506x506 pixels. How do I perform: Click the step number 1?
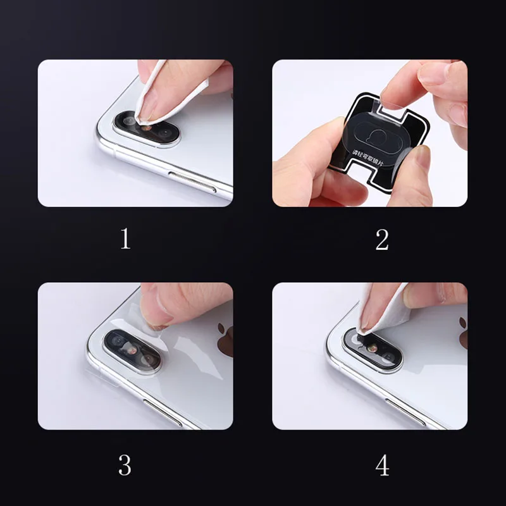point(125,239)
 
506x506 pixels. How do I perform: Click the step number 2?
point(381,239)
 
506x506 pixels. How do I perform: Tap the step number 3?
point(125,465)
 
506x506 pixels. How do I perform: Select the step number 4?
point(382,465)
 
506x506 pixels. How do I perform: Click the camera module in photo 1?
point(147,128)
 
